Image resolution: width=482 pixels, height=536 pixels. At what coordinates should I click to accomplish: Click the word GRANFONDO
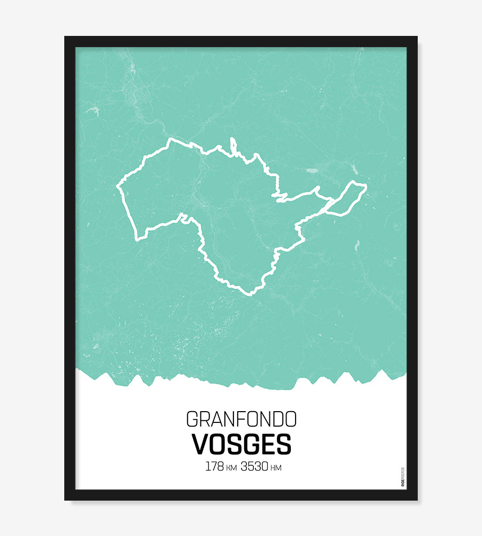[241, 419]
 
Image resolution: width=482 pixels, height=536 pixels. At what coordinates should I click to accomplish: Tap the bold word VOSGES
[241, 444]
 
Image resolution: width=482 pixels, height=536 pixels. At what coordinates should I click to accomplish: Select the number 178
[214, 466]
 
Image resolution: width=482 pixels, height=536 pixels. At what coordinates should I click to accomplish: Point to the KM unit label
[231, 468]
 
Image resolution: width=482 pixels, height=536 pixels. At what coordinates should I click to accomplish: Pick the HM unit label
[276, 468]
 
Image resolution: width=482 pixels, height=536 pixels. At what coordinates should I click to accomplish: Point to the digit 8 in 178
[220, 466]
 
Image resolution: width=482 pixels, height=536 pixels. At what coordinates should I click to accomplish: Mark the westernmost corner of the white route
[118, 187]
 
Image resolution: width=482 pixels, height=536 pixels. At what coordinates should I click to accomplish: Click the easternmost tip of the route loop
[366, 186]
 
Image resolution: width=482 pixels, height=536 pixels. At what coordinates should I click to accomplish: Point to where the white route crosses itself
[330, 205]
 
